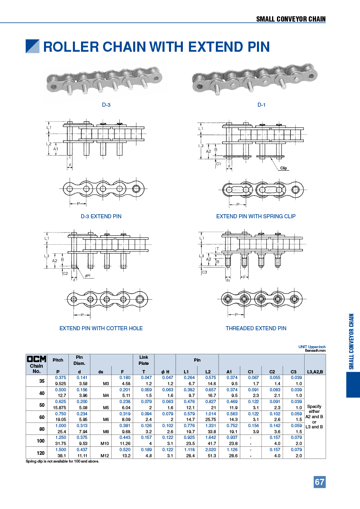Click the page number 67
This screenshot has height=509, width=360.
[319, 482]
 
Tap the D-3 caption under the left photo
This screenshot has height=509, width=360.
[106, 105]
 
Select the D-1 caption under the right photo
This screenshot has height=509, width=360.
[261, 105]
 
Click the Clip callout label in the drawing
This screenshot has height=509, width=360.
[283, 168]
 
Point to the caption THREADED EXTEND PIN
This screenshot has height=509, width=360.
[256, 328]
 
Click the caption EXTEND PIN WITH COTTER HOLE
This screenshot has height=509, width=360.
[101, 328]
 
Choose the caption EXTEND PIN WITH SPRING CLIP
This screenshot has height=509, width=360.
[256, 216]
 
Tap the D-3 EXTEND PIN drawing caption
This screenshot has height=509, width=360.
[101, 216]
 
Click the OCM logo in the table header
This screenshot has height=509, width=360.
[37, 359]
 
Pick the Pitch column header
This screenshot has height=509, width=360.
[58, 360]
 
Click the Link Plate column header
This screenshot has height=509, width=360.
[144, 360]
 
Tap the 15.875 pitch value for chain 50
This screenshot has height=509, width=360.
[58, 407]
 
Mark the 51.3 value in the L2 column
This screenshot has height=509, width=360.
[208, 456]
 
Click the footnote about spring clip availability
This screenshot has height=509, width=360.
[62, 461]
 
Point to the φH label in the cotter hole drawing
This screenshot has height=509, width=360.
[87, 276]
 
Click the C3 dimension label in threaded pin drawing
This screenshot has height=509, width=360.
[204, 272]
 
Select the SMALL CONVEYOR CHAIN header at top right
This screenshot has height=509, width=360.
[291, 19]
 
